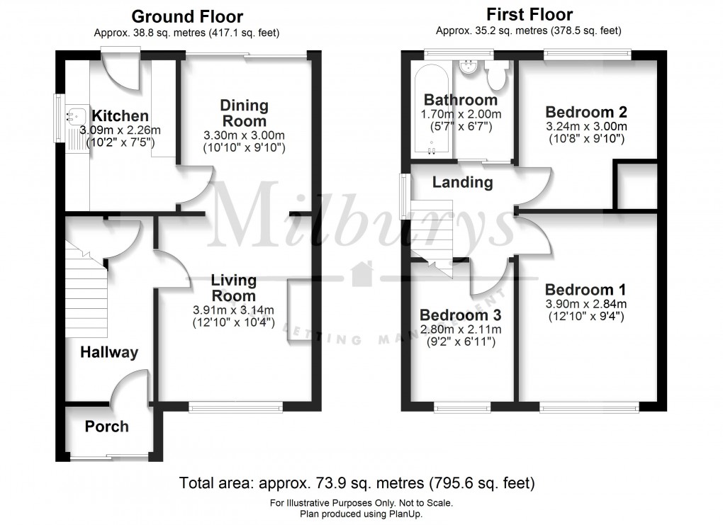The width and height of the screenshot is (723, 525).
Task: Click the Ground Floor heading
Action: pyautogui.click(x=187, y=16)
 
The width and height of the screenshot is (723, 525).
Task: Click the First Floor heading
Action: pyautogui.click(x=529, y=14)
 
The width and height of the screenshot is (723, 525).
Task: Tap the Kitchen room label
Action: pyautogui.click(x=120, y=116)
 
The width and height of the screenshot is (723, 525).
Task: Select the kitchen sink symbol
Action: pyautogui.click(x=74, y=115)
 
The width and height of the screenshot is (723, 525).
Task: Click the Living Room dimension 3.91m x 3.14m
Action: pyautogui.click(x=233, y=310)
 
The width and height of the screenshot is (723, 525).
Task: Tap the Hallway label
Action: pyautogui.click(x=108, y=352)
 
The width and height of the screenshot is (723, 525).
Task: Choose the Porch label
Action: pyautogui.click(x=106, y=427)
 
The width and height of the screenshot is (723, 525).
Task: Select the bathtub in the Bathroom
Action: pyautogui.click(x=432, y=110)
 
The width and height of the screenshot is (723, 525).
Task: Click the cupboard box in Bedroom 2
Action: pyautogui.click(x=635, y=186)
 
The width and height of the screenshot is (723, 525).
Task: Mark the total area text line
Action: pyautogui.click(x=357, y=484)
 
